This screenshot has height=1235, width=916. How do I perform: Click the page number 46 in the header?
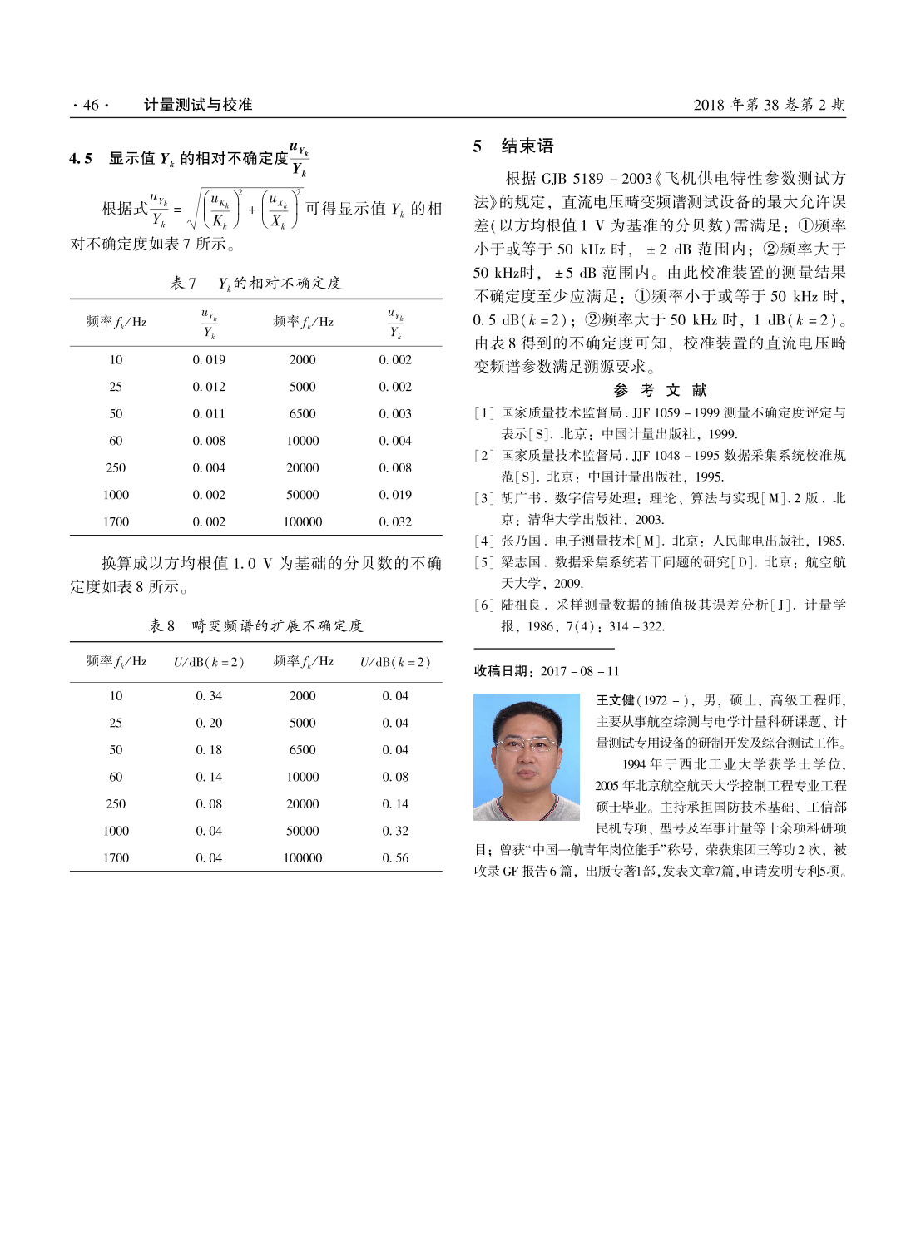point(91,105)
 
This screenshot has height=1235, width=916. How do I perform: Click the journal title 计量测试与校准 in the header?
point(198,105)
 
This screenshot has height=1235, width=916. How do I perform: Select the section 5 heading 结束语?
point(527,146)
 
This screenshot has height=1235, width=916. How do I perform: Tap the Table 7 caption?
point(255,283)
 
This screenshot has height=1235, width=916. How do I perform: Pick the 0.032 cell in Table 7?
point(395,521)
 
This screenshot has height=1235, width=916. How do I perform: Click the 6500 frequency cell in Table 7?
point(302,413)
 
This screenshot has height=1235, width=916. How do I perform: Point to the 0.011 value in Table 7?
point(209,413)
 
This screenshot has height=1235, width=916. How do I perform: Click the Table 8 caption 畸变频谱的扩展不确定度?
point(277,625)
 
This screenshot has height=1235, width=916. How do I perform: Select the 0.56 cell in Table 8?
point(395,857)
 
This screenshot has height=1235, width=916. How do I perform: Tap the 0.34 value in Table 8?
point(209,695)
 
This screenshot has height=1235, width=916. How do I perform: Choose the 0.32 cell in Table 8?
point(395,831)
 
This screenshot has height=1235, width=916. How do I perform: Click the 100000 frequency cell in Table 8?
point(302,857)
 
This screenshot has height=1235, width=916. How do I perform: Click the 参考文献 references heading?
point(660,390)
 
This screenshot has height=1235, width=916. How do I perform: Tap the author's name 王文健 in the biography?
point(615,700)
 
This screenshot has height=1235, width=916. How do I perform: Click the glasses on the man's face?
point(527,743)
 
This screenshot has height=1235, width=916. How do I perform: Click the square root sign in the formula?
point(194,210)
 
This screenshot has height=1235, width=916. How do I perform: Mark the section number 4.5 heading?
point(81,158)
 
